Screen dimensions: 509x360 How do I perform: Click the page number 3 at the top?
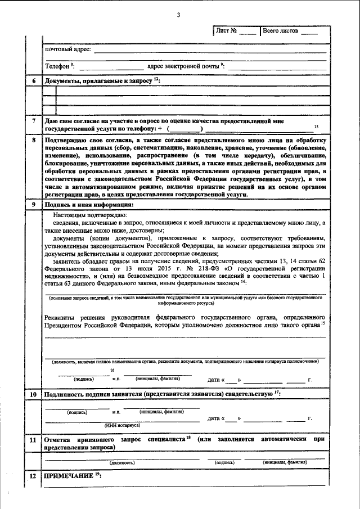point(178,14)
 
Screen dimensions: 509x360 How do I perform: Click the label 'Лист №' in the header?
point(226,30)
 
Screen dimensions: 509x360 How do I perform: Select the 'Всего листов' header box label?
point(281,30)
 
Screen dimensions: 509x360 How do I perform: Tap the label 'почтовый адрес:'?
point(68,51)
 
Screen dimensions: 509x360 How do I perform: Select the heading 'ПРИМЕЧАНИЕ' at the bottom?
point(69,476)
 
